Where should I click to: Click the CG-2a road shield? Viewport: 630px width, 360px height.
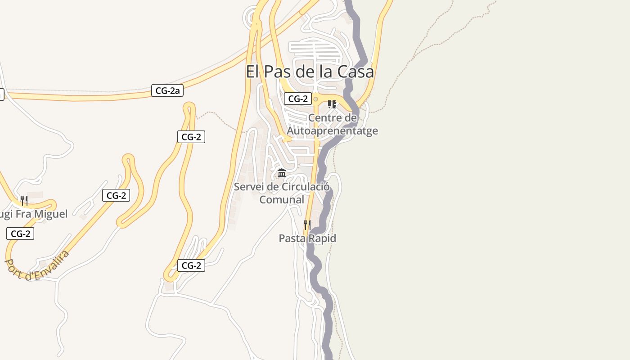pos(167,91)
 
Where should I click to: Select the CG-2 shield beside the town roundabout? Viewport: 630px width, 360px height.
pos(298,99)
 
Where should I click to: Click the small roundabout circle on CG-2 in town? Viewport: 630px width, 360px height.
pos(316,99)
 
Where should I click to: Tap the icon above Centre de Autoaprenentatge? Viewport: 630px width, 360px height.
pos(332,104)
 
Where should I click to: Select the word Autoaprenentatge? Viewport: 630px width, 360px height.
pos(332,131)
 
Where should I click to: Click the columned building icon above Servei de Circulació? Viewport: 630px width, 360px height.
pos(282,173)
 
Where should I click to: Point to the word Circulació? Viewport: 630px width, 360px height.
pos(306,187)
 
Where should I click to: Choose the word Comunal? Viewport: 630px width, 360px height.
pos(282,200)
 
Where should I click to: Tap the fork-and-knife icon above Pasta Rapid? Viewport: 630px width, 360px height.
pos(307,225)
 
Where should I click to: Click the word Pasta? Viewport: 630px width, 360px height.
pos(292,238)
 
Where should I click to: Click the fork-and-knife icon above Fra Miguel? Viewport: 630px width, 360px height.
pos(24,200)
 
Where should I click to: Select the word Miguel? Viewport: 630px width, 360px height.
pos(49,214)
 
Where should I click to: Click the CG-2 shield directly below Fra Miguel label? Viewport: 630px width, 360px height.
pos(20,234)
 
